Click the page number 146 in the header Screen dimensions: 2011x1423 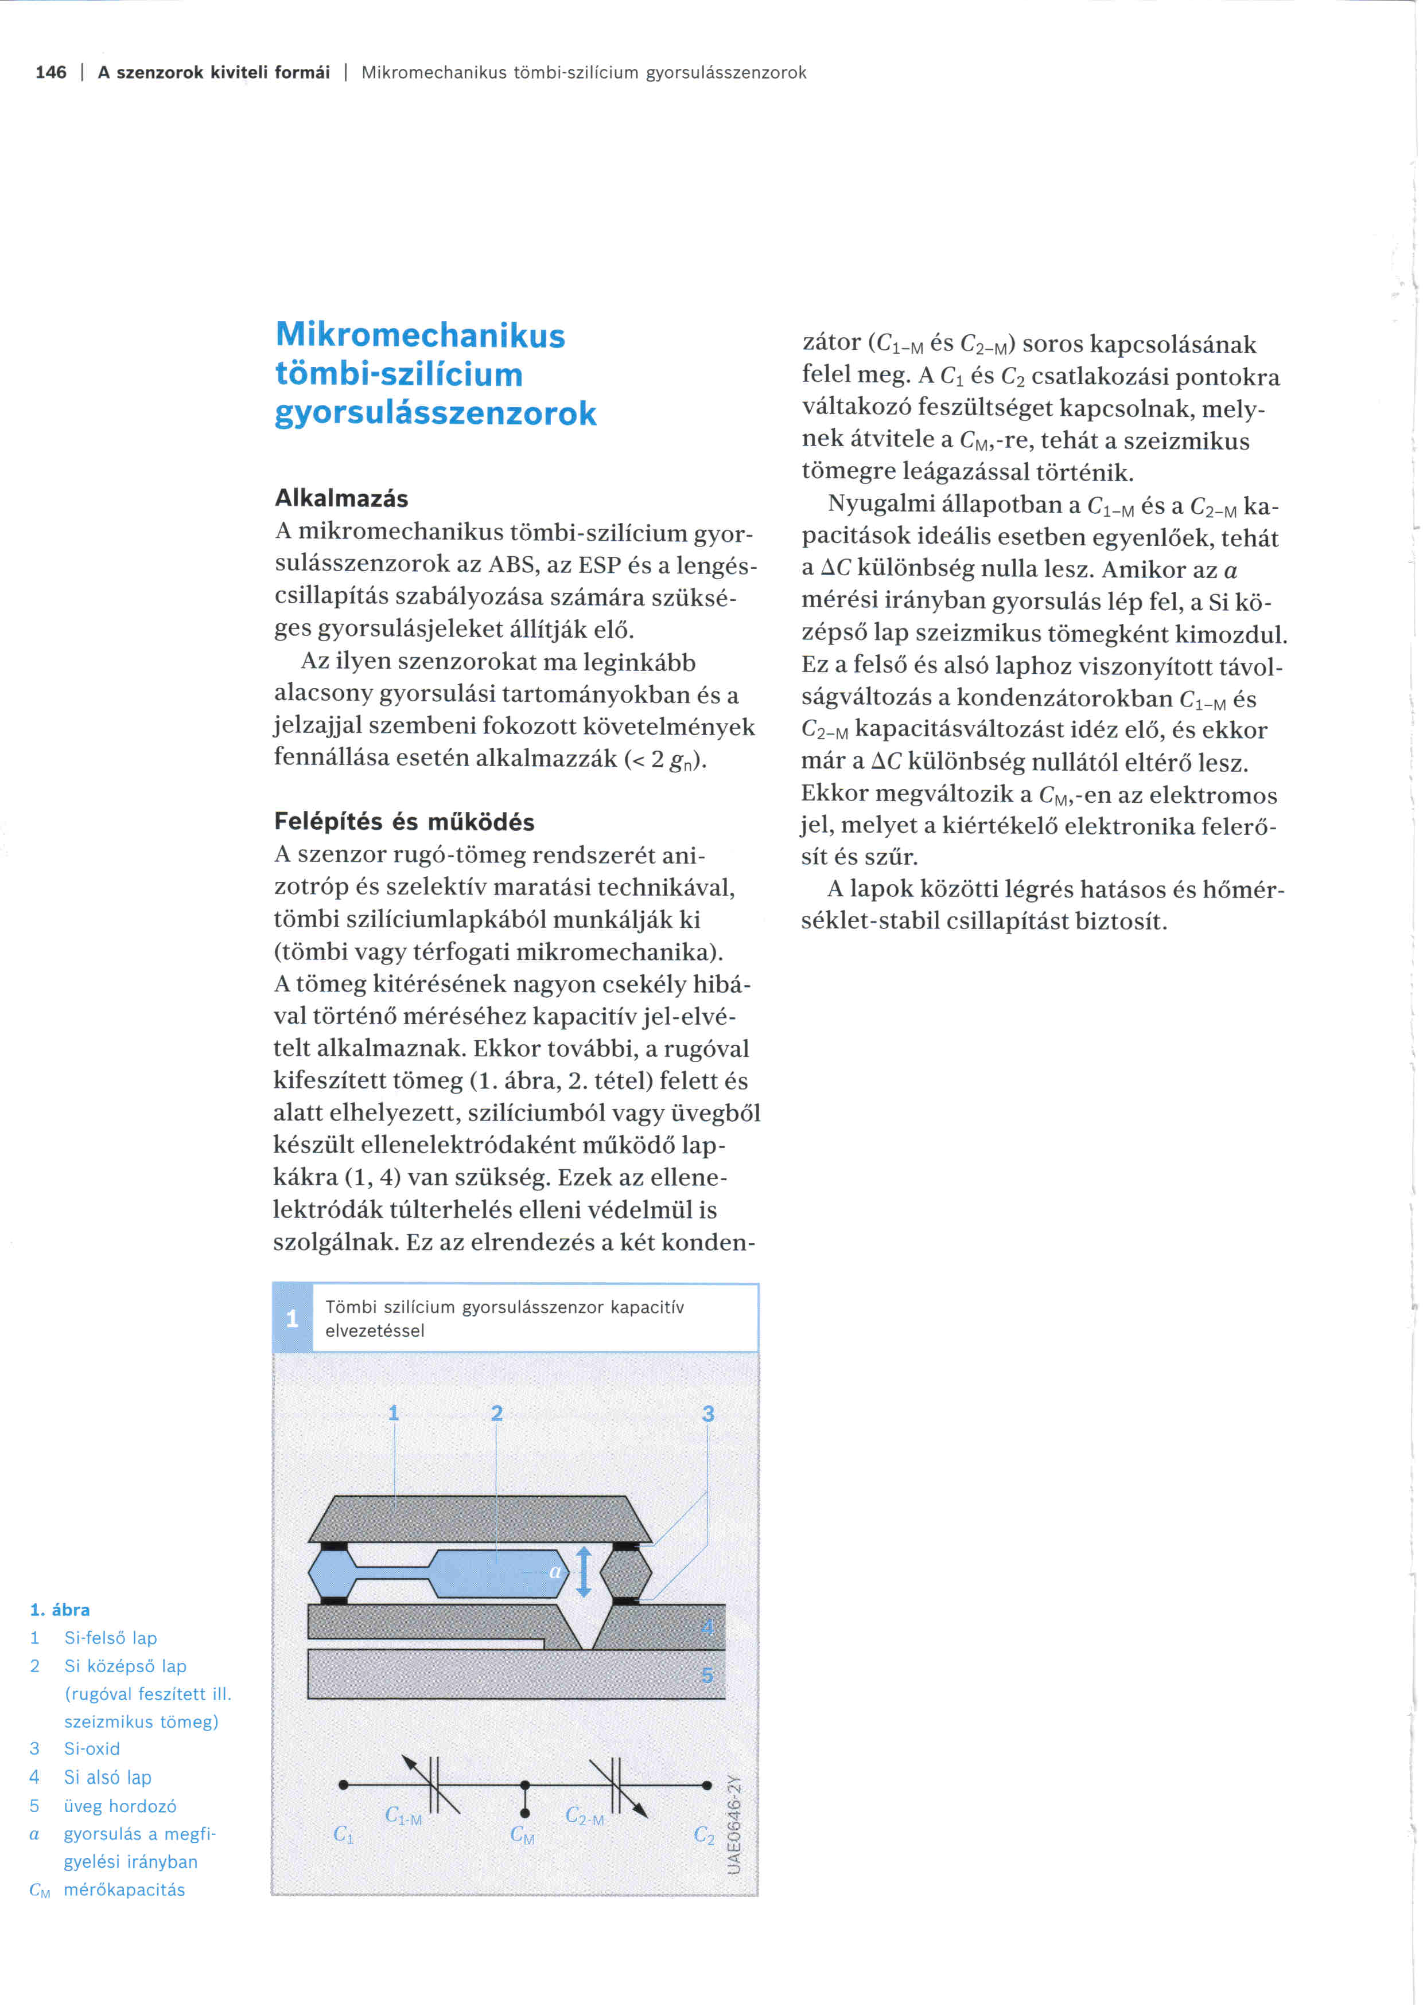[x=51, y=73]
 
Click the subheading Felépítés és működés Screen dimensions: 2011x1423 [x=404, y=822]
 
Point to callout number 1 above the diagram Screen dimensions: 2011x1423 [x=394, y=1413]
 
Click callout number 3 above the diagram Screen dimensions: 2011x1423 [x=708, y=1413]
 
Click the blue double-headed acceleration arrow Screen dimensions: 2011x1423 [x=584, y=1571]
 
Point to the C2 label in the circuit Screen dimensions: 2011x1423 [x=703, y=1834]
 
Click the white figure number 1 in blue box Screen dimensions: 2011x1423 [x=293, y=1318]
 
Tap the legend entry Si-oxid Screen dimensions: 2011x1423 [x=92, y=1748]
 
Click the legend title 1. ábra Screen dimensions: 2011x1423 [x=60, y=1610]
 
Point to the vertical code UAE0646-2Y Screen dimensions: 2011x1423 [x=735, y=1825]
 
